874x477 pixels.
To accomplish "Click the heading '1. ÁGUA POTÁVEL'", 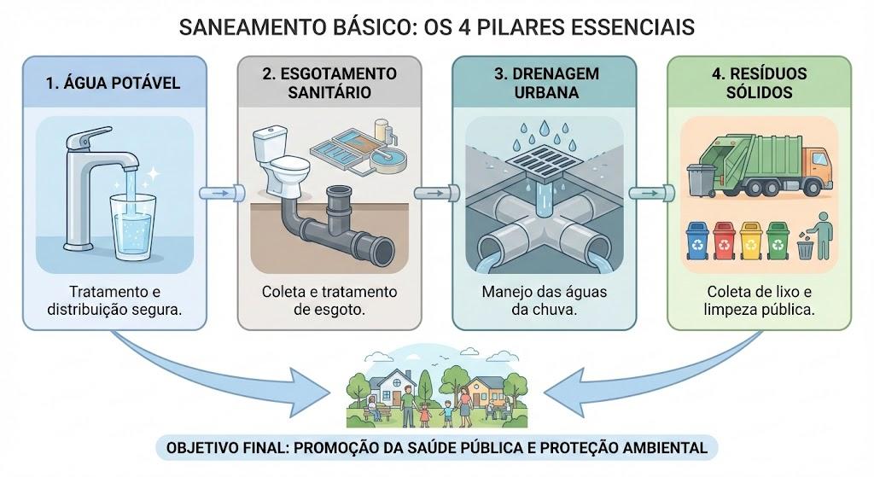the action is coord(114,83).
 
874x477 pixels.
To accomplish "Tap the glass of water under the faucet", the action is coord(133,227).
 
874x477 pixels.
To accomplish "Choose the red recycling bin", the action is coord(725,241).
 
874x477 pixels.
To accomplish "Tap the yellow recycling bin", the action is coord(751,241).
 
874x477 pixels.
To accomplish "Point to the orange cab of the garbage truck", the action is coord(817,166).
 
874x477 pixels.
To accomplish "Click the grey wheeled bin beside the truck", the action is coord(701,180).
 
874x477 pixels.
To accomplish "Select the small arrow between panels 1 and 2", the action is coord(222,194).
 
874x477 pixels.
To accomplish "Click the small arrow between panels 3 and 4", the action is coord(651,194).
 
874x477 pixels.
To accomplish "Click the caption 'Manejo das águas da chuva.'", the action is coord(544,300).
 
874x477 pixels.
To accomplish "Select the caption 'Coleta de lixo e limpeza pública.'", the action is coord(759,300).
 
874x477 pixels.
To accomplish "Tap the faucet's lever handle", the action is coord(88,137).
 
